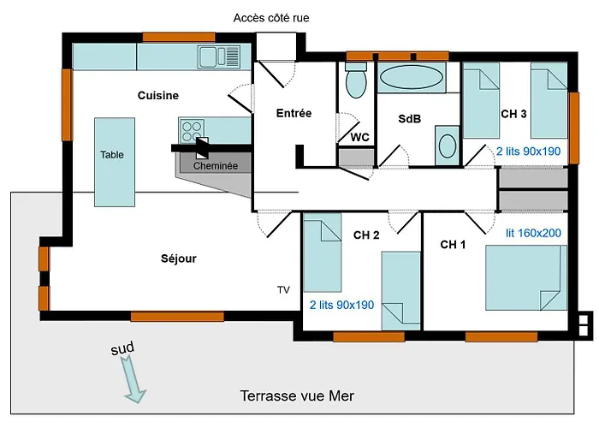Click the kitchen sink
(x=219, y=57)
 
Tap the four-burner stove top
(x=192, y=131)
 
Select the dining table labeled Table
(x=115, y=162)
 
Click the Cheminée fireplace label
(x=216, y=166)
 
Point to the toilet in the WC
(x=356, y=80)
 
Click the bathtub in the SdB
(x=412, y=78)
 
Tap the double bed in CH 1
(x=526, y=278)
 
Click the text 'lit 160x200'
(x=533, y=233)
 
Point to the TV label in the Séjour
(x=283, y=290)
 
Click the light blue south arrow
(x=133, y=378)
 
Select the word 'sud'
(x=122, y=348)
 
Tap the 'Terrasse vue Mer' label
(x=297, y=395)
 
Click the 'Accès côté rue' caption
(x=271, y=18)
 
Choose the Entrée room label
(x=294, y=113)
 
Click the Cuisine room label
(x=158, y=95)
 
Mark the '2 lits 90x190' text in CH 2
(x=341, y=305)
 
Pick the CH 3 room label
(x=513, y=114)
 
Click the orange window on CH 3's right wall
(x=574, y=128)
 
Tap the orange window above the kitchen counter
(x=179, y=37)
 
